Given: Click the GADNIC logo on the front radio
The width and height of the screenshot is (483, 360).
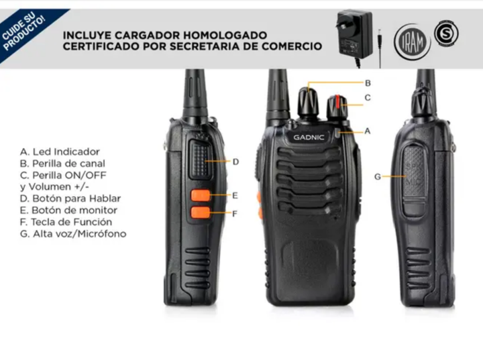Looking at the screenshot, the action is (309, 137).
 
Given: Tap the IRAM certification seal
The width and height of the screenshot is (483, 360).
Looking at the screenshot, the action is (412, 42).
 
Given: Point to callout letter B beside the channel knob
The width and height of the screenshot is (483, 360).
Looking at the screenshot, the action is (368, 83).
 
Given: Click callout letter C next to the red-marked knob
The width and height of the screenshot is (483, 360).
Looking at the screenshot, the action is (368, 98).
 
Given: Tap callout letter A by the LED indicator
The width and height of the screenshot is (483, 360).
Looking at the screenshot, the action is (367, 131).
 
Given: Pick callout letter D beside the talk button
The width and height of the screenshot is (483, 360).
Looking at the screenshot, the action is (235, 162).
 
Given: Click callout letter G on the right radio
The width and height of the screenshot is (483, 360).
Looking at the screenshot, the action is (377, 177).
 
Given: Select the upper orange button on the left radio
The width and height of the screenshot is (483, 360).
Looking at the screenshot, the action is (201, 195).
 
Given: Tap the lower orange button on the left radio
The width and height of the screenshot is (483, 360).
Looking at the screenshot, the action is (201, 213).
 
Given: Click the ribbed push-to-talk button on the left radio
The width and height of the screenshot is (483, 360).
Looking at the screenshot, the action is (201, 159).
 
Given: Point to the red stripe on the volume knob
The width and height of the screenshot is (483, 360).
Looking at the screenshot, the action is (338, 102).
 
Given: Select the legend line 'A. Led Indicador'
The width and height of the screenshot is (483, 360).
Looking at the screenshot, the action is (60, 152).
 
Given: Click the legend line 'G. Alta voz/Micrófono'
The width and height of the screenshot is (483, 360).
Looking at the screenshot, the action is (73, 234).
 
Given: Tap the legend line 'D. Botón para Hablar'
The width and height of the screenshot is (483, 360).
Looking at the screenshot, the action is (70, 198).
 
